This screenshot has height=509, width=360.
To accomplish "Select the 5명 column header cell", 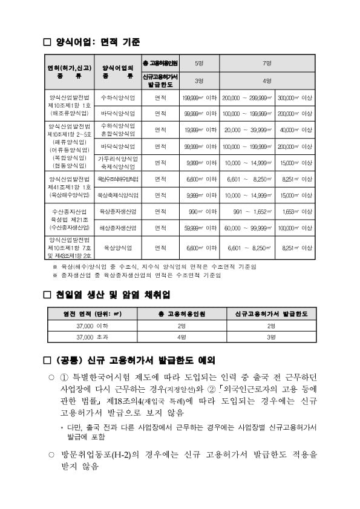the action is (x=199, y=63).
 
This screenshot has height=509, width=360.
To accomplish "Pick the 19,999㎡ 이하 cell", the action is (x=199, y=130).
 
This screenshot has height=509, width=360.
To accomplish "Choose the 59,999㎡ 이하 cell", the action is (x=199, y=228).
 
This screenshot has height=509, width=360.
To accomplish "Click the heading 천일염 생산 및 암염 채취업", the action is (x=113, y=295).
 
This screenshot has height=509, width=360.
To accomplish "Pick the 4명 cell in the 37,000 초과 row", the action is (x=182, y=336).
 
